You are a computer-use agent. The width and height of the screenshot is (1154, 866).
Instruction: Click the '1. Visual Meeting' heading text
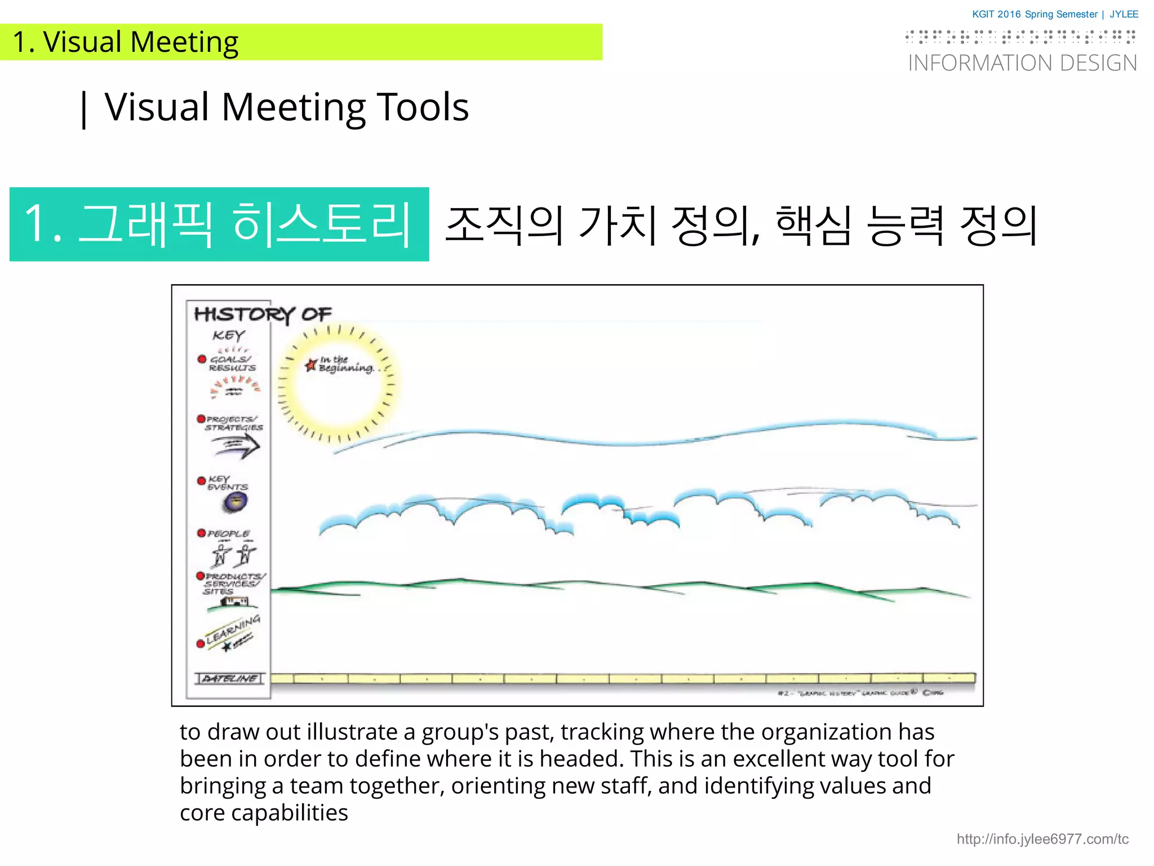coord(126,42)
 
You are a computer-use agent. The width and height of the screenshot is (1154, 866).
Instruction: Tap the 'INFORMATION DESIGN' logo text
coord(1022,63)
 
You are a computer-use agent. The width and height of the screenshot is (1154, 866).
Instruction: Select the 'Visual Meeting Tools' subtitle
coord(286,107)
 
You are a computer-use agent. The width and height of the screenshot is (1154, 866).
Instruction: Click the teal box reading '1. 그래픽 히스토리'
coord(219,224)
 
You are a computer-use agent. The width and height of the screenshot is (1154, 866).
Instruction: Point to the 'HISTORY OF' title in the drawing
coord(263,314)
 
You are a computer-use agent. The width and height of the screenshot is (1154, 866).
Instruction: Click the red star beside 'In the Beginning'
coord(310,365)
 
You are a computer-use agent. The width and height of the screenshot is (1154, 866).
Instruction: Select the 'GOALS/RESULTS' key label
coord(232,364)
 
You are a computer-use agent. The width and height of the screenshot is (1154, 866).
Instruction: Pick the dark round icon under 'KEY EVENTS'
coord(235,501)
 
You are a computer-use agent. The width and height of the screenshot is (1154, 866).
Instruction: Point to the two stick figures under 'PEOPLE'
coord(233,554)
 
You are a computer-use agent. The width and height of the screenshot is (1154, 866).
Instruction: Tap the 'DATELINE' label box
coord(229,678)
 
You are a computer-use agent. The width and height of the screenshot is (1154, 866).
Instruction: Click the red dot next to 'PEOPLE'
coord(201,533)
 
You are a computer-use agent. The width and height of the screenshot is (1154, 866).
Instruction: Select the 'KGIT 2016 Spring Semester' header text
coord(1035,15)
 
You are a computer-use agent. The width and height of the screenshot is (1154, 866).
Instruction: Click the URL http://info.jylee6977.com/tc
coord(1042,839)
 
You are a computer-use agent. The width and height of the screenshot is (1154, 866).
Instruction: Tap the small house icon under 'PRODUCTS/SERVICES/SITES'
coord(234,602)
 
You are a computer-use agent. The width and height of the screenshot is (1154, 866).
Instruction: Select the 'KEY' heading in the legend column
coord(228,335)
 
